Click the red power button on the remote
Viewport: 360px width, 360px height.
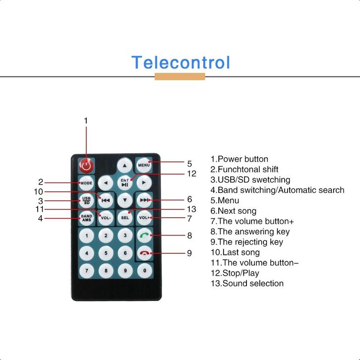click(86, 165)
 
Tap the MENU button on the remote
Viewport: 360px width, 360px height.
click(144, 165)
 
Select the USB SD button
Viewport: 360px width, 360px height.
click(86, 201)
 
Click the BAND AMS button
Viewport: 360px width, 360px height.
click(86, 217)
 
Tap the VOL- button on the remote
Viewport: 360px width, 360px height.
click(106, 217)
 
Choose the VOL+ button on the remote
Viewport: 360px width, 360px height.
click(144, 217)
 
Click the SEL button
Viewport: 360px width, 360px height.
click(125, 217)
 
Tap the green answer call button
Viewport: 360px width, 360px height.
click(144, 236)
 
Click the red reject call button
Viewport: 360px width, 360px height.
click(144, 253)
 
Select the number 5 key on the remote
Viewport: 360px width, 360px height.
click(106, 253)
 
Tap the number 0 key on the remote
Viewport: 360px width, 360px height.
click(144, 271)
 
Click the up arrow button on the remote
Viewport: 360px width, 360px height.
click(124, 165)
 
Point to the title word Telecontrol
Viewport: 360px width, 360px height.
click(180, 63)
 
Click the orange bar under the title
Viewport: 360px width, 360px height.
click(180, 76)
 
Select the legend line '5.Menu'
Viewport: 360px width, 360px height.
click(225, 200)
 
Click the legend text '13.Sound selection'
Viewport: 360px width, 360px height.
click(247, 284)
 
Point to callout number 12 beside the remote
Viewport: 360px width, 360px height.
click(192, 174)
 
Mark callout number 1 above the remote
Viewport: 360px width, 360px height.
click(86, 120)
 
